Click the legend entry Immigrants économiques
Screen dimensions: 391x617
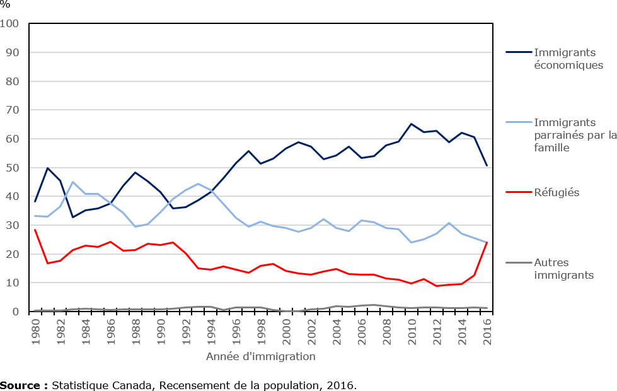(x=568, y=59)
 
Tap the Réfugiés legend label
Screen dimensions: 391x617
(x=556, y=192)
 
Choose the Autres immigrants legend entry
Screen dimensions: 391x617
(x=563, y=269)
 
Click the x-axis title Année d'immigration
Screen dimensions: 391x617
(x=261, y=357)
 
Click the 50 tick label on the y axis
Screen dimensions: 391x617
(x=13, y=168)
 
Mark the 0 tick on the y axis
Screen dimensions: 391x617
(x=16, y=312)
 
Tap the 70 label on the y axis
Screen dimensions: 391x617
(x=13, y=110)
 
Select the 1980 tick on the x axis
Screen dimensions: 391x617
(x=36, y=329)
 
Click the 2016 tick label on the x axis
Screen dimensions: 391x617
(x=487, y=329)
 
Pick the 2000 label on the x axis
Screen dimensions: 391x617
(x=287, y=329)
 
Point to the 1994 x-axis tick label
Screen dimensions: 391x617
(x=211, y=329)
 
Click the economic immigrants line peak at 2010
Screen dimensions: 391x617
(x=412, y=124)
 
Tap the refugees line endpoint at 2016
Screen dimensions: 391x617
(x=487, y=243)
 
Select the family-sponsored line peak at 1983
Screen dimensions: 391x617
(x=72, y=182)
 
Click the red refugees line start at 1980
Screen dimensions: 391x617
(x=35, y=230)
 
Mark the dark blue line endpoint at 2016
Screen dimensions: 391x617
(x=487, y=166)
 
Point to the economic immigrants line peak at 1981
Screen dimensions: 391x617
(x=48, y=168)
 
